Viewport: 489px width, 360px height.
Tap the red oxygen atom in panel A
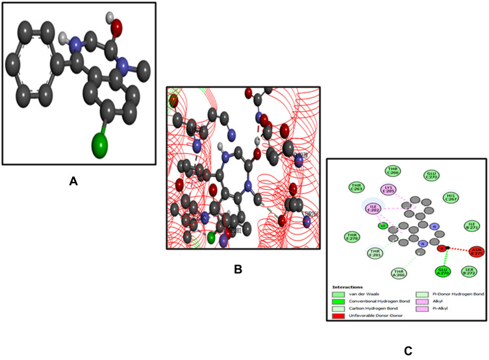coord(116,27)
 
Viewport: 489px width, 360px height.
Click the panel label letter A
coord(74,183)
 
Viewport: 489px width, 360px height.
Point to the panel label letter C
coord(408,351)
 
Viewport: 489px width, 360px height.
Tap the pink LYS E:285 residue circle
coord(388,189)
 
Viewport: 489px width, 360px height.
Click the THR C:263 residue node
coord(355,187)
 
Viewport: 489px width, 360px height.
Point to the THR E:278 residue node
coord(353,236)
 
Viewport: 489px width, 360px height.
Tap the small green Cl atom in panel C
coord(383,226)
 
